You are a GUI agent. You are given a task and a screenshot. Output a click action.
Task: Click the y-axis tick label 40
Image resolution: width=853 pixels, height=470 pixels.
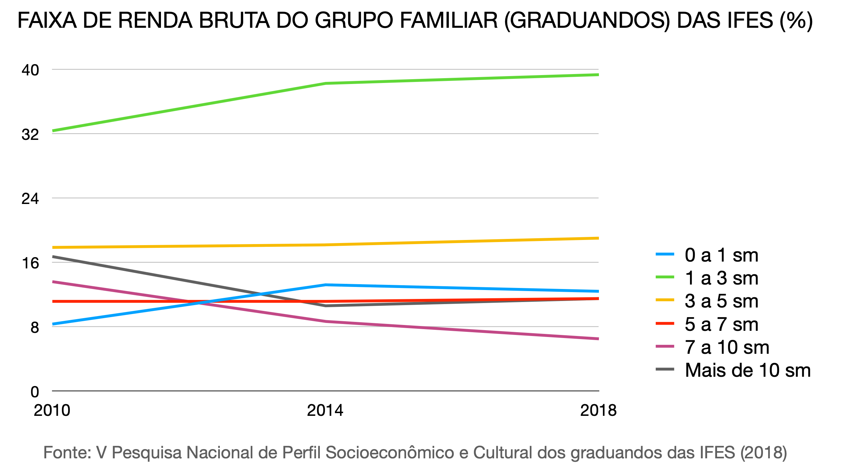click(30, 70)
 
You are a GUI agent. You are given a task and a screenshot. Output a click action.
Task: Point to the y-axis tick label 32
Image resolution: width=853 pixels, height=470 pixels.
click(30, 134)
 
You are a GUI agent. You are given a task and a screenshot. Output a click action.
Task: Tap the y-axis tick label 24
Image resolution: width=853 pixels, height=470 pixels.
click(30, 199)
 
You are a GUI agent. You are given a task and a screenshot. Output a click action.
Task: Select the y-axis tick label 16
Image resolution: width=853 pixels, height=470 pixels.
click(30, 263)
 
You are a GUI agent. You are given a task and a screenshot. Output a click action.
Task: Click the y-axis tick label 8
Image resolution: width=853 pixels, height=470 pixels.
click(35, 327)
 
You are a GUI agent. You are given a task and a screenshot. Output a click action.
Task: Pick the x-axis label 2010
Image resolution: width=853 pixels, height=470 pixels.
click(52, 410)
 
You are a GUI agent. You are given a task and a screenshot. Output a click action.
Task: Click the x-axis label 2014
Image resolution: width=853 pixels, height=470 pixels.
click(325, 410)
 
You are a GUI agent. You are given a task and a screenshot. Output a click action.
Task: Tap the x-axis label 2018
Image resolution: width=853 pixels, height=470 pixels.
click(598, 410)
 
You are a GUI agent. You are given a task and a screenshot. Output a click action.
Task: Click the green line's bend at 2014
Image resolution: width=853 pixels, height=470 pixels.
click(325, 83)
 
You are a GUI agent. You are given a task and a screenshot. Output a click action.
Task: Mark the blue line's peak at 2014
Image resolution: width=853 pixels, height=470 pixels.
click(325, 285)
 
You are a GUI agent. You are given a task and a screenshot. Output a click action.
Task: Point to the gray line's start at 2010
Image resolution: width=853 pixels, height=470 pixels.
click(53, 256)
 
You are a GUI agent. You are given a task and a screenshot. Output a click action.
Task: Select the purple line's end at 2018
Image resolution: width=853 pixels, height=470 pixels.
click(598, 339)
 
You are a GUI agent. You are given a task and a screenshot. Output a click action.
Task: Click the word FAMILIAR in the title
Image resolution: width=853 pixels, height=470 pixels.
click(449, 21)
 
